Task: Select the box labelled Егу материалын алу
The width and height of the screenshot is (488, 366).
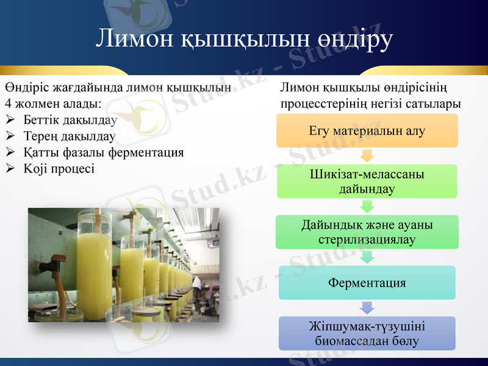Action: pos(367,131)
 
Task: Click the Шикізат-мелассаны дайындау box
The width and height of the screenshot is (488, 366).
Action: pos(367,181)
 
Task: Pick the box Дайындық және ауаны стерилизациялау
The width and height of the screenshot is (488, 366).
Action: pos(367,232)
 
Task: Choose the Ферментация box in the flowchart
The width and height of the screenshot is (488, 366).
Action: pos(367,282)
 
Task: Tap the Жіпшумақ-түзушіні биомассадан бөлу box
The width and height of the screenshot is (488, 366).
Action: pos(367,333)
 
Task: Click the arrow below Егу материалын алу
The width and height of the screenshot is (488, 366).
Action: pos(367,155)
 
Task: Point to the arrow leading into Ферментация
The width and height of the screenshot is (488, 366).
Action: pos(367,257)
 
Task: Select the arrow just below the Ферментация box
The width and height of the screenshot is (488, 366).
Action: pos(367,307)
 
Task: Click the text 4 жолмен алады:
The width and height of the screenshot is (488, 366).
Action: pos(53,104)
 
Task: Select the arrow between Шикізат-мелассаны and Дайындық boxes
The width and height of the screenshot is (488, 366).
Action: pos(367,206)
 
